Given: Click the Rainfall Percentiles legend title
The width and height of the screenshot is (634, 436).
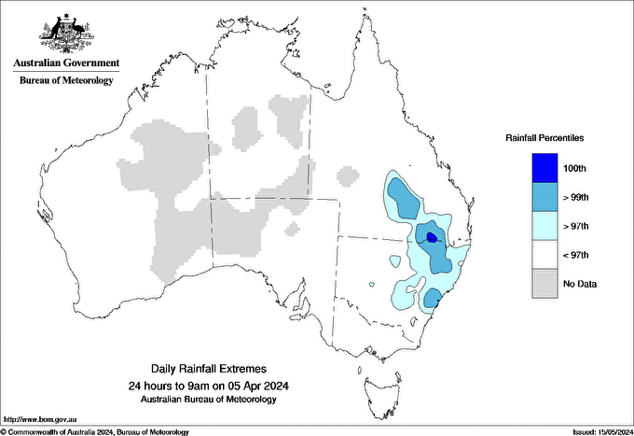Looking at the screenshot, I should [x=544, y=138].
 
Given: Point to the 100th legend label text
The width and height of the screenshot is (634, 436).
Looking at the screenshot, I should [x=574, y=169].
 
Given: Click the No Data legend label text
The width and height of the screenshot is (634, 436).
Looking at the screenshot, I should [x=580, y=284].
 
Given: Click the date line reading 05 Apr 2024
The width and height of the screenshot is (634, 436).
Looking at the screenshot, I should [x=208, y=386].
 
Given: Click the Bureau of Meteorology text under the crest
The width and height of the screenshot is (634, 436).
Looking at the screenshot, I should [x=66, y=81].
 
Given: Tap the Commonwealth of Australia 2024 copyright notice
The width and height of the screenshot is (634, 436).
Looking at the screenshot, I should [x=95, y=431].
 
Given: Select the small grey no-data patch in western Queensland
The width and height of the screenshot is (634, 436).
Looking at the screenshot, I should [x=347, y=175].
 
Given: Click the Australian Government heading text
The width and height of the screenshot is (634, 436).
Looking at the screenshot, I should [x=66, y=63].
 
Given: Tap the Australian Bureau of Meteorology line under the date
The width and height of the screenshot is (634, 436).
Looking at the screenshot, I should [x=208, y=400].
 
